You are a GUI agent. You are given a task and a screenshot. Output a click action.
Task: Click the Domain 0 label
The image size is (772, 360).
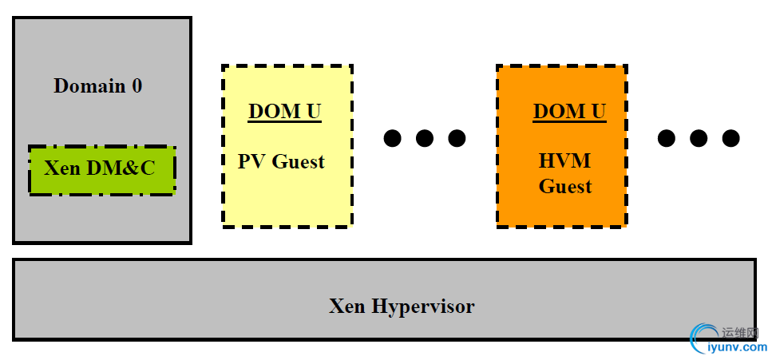tap(98, 85)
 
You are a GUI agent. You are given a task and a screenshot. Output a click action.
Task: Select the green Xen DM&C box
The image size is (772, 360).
tap(101, 168)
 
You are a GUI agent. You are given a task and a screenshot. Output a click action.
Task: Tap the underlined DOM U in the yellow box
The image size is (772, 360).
tap(284, 111)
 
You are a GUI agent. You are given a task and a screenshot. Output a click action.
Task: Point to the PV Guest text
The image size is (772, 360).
tap(281, 162)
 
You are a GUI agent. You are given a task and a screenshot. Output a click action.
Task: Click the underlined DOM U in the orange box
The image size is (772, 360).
tap(569, 111)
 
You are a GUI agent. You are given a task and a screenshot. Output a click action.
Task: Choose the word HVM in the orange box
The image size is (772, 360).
tap(564, 161)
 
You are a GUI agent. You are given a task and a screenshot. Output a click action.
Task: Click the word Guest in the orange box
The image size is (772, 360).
tap(564, 187)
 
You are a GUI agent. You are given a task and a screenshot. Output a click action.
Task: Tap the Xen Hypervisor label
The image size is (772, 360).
tap(402, 306)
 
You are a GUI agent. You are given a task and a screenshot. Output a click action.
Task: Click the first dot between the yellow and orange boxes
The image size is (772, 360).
tap(392, 138)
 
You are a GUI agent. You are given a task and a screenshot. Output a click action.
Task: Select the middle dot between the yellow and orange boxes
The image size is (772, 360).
tap(425, 138)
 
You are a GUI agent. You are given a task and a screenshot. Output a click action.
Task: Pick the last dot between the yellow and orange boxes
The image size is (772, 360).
tap(457, 138)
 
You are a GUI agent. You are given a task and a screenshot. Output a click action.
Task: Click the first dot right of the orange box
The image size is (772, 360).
tap(666, 138)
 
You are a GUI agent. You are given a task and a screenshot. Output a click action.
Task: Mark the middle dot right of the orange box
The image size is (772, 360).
tap(699, 138)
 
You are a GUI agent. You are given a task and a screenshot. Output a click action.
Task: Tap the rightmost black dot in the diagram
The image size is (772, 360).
tap(730, 138)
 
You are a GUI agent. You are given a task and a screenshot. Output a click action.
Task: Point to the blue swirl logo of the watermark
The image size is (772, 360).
tap(703, 339)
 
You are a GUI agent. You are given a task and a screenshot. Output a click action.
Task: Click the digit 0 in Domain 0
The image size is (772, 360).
tap(137, 85)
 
